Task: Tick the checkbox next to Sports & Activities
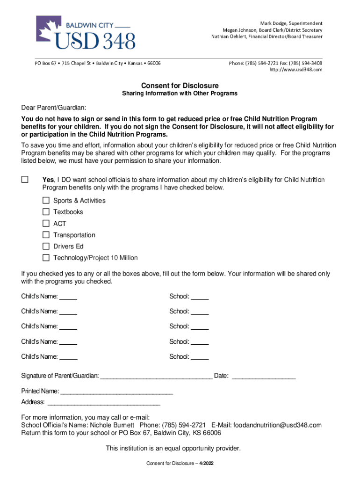(x=46, y=200)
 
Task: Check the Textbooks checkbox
(x=46, y=212)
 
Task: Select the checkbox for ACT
(x=46, y=223)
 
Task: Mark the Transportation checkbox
(x=46, y=235)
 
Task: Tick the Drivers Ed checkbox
(x=46, y=246)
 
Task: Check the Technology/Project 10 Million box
(x=46, y=258)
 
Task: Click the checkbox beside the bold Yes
(x=25, y=180)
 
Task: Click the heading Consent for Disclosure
(x=180, y=86)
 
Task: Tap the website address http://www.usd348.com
(x=295, y=70)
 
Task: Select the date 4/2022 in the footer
(x=206, y=463)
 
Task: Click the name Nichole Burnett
(x=112, y=425)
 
